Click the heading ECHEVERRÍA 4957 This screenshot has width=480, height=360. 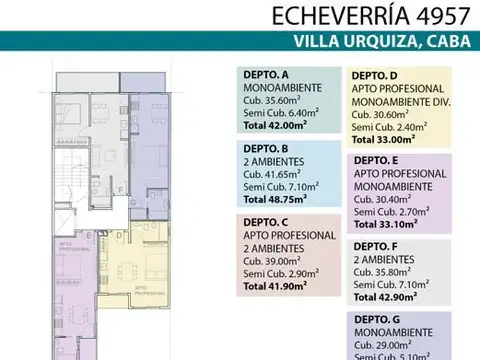[377, 17]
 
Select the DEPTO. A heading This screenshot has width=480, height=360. [265, 74]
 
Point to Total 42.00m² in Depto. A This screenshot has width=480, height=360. [275, 126]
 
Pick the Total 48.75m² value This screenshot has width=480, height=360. [275, 199]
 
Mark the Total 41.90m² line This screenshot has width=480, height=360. [275, 285]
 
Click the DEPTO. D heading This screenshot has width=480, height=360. [374, 75]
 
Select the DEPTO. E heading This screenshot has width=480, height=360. [374, 160]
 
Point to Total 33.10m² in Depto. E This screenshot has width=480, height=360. [385, 226]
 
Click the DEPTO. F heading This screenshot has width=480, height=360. [374, 246]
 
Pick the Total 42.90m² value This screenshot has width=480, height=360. [385, 298]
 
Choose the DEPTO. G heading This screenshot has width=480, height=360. [374, 319]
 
